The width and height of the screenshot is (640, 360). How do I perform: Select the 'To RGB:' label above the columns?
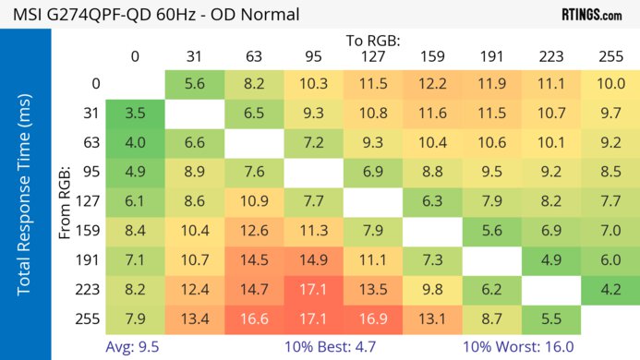click(374, 41)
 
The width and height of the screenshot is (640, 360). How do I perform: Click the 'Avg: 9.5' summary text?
click(134, 347)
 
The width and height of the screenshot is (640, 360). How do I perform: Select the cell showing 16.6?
click(255, 319)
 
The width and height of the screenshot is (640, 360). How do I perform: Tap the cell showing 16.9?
click(374, 319)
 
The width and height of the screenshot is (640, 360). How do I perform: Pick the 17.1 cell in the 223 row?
click(314, 288)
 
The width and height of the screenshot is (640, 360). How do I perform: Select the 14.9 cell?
click(314, 259)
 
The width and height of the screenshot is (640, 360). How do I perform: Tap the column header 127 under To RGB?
click(374, 56)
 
